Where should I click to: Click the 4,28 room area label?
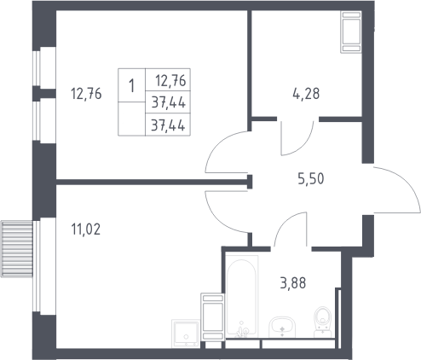(306, 93)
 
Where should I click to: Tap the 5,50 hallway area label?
(311, 179)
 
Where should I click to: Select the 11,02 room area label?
(86, 229)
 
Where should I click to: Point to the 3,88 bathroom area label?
(293, 283)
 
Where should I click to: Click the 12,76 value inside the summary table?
(170, 80)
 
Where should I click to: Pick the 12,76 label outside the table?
(86, 94)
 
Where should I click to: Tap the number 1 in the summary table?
(131, 85)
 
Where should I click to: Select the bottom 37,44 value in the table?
(168, 125)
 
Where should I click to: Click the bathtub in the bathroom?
(242, 296)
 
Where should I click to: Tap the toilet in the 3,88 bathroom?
(323, 322)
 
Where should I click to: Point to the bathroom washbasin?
(282, 328)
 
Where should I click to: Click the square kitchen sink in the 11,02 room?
(186, 334)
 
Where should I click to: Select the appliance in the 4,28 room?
(351, 32)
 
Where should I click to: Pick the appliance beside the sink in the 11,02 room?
(212, 316)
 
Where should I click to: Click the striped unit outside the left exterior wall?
(17, 249)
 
